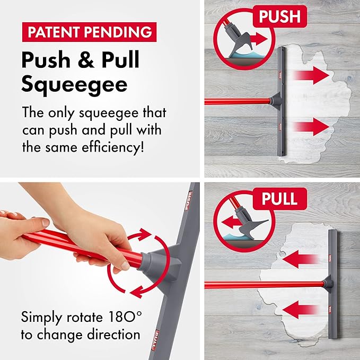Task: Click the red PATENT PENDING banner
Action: tap(89, 32)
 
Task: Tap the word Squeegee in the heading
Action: tap(74, 85)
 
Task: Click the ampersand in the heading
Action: tap(86, 60)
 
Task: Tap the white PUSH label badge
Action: tap(279, 16)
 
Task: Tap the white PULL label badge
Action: tap(279, 199)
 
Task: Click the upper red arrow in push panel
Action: tap(312, 75)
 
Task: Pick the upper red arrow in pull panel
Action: tap(301, 259)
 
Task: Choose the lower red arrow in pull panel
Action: tap(301, 310)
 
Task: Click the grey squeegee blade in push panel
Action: tap(282, 101)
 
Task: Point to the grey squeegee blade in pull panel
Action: tap(333, 285)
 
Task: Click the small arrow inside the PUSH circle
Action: tap(259, 39)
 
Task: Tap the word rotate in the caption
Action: tap(84, 317)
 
